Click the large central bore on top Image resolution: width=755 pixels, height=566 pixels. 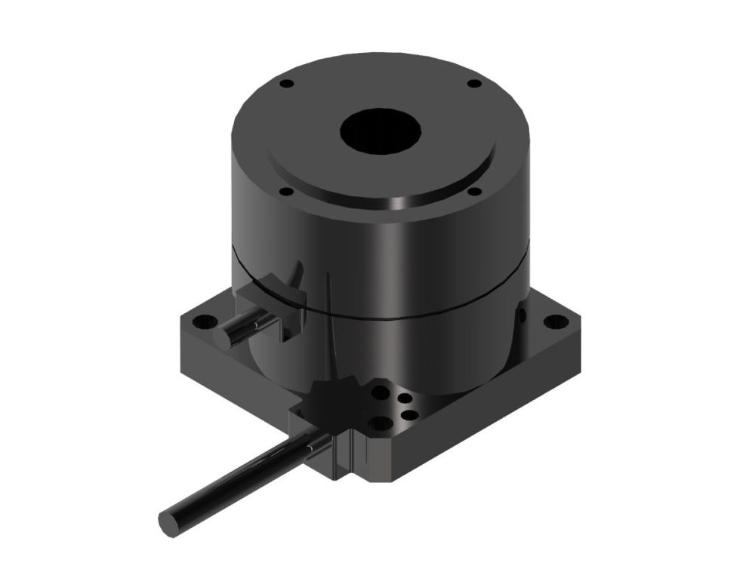[380, 133]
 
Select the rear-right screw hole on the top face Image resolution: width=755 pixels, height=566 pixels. [473, 84]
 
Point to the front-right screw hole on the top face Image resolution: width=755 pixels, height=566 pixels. [473, 192]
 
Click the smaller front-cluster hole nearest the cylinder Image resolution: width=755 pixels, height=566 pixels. [406, 398]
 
